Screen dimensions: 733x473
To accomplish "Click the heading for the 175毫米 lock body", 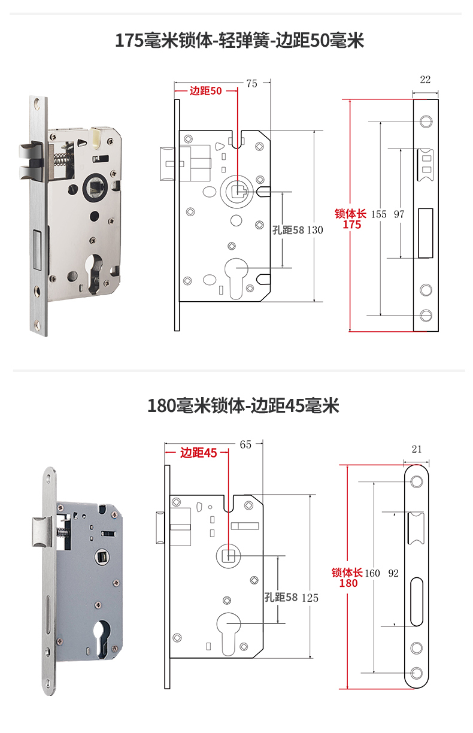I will click(x=239, y=41).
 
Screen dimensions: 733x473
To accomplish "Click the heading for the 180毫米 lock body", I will click(x=243, y=405).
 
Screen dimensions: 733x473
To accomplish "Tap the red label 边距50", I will click(x=205, y=91).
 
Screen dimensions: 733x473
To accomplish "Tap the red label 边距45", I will click(x=198, y=453).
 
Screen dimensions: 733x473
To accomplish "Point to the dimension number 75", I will click(x=251, y=84).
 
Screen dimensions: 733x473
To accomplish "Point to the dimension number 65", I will click(x=245, y=444).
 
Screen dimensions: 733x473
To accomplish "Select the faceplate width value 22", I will click(x=425, y=80).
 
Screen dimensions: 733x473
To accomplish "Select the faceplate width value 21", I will click(x=417, y=449).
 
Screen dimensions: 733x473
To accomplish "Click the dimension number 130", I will click(x=315, y=231).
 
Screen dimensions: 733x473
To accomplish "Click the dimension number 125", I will click(x=310, y=598).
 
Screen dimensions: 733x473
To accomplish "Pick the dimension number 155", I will click(x=378, y=214).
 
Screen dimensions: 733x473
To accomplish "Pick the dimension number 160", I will click(x=372, y=573).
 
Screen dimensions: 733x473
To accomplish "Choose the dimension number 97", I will click(x=399, y=214).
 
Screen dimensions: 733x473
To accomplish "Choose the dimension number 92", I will click(x=393, y=573).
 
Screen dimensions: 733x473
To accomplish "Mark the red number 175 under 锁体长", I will click(x=351, y=225).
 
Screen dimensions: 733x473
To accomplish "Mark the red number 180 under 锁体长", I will click(x=348, y=583).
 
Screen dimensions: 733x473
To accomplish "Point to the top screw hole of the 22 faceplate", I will click(x=426, y=122).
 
